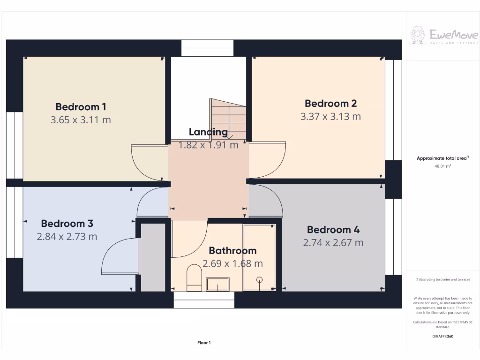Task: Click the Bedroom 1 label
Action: (77, 107)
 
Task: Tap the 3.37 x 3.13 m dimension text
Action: (330, 116)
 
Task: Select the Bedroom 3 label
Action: (67, 223)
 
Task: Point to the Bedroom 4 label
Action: (333, 230)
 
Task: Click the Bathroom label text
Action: (232, 251)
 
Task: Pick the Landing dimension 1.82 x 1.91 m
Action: (208, 145)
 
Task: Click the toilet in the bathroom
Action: (194, 275)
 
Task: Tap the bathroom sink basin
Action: (218, 284)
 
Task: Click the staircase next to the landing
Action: (228, 119)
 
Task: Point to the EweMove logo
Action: (444, 36)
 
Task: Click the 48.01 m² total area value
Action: (443, 166)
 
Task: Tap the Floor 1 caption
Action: (204, 343)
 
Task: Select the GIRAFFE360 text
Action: (443, 336)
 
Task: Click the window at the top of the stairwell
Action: (207, 48)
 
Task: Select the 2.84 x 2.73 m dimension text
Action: (67, 236)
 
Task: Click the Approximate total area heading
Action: (442, 158)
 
